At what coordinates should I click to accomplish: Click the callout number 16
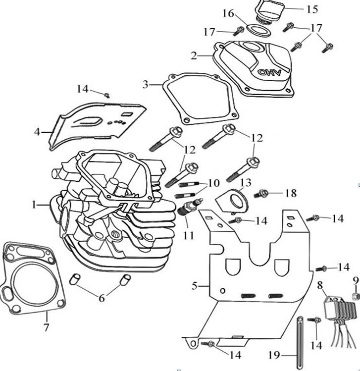point(228,13)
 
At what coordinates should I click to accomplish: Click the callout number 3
point(145,84)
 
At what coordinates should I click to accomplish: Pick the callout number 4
point(37,132)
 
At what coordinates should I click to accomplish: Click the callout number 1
point(34,204)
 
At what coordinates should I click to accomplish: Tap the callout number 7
point(47,327)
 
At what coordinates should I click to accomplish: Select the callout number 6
point(102,298)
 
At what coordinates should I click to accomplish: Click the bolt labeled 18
point(262,193)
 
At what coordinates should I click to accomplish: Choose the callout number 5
point(195,286)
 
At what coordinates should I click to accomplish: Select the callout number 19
point(274,355)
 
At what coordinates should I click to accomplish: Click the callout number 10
point(213,183)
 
